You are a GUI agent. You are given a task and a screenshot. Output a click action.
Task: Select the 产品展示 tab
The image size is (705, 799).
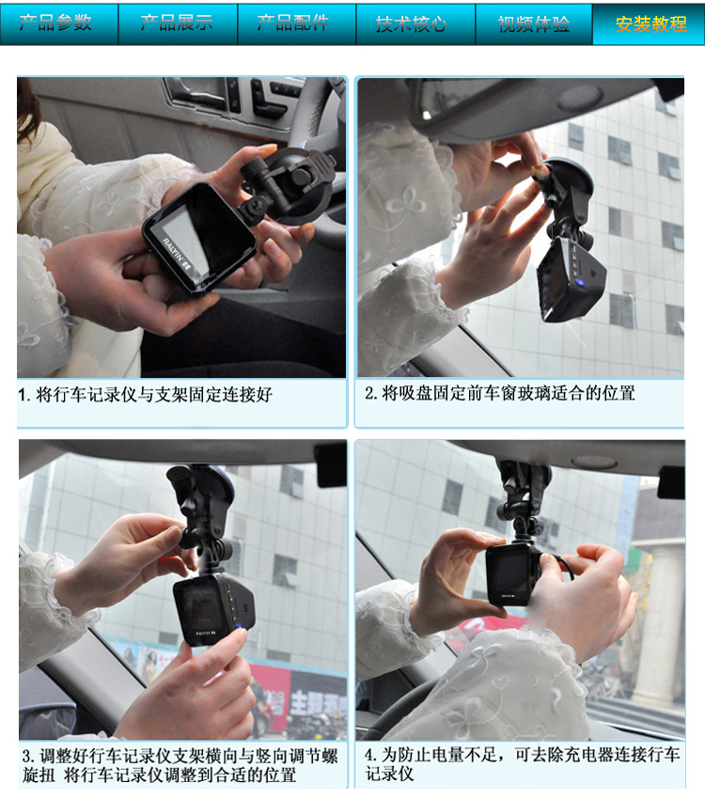pyautogui.click(x=178, y=23)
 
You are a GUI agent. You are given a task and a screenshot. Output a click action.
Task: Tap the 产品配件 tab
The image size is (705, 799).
pyautogui.click(x=296, y=23)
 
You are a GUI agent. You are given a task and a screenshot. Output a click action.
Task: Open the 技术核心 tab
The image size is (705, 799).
pyautogui.click(x=415, y=23)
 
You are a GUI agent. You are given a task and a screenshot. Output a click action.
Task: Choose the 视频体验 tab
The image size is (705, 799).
pyautogui.click(x=533, y=23)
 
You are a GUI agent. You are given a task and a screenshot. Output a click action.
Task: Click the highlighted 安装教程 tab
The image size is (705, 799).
pyautogui.click(x=649, y=23)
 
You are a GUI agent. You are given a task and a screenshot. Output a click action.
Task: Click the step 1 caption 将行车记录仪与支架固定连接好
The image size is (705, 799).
pyautogui.click(x=145, y=395)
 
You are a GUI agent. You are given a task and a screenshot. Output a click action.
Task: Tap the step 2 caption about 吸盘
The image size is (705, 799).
pyautogui.click(x=500, y=393)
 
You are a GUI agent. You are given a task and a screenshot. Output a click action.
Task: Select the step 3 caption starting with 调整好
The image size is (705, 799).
pyautogui.click(x=180, y=765)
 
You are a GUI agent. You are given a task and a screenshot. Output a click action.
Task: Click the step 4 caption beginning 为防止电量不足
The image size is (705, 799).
pyautogui.click(x=522, y=764)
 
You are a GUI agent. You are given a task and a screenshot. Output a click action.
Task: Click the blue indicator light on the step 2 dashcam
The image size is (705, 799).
pyautogui.click(x=578, y=282)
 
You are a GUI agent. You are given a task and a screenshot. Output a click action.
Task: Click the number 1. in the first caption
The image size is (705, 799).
pyautogui.click(x=24, y=395)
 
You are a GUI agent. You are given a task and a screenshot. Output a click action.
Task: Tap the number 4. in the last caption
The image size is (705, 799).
pyautogui.click(x=371, y=755)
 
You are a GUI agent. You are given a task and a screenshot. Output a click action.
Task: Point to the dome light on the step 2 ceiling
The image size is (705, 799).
pyautogui.click(x=581, y=98)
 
